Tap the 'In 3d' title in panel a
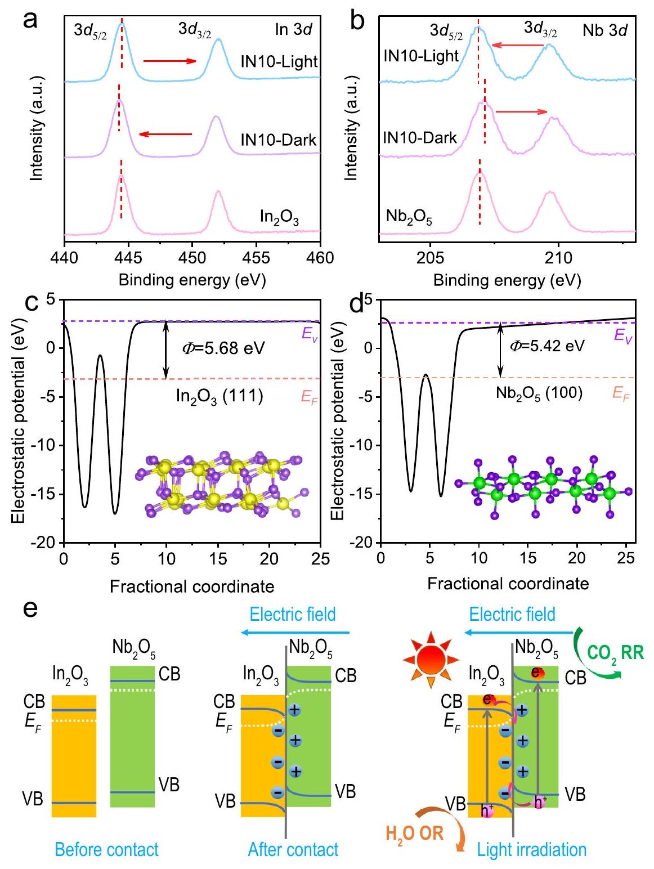293,29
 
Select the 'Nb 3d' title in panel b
604,30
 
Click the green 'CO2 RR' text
615,653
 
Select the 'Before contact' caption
107,849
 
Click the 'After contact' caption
293,849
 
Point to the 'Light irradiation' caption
531,849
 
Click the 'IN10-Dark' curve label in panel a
279,140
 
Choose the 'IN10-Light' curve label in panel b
421,56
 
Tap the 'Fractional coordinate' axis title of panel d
508,583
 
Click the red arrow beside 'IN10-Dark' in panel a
165,134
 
